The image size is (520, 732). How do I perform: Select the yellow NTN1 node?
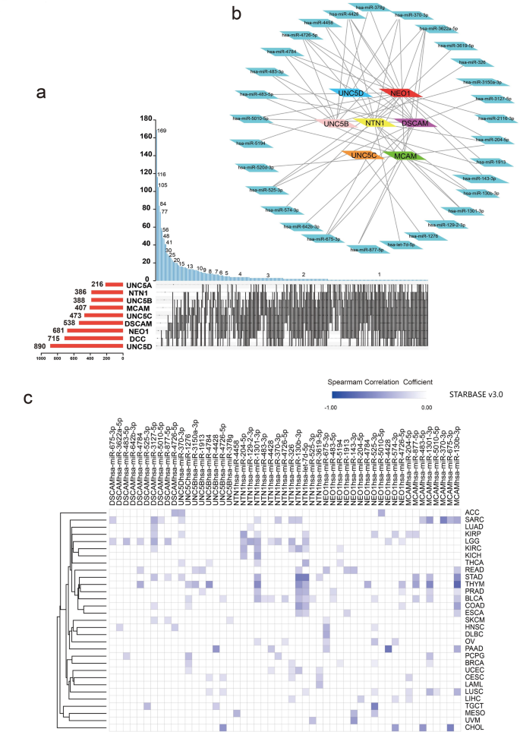pos(373,123)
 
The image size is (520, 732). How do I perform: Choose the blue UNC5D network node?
pos(350,93)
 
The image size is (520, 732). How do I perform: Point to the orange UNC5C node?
pos(364,156)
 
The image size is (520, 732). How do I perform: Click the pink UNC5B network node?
pos(336,123)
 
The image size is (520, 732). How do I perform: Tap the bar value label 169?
pos(162,131)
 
